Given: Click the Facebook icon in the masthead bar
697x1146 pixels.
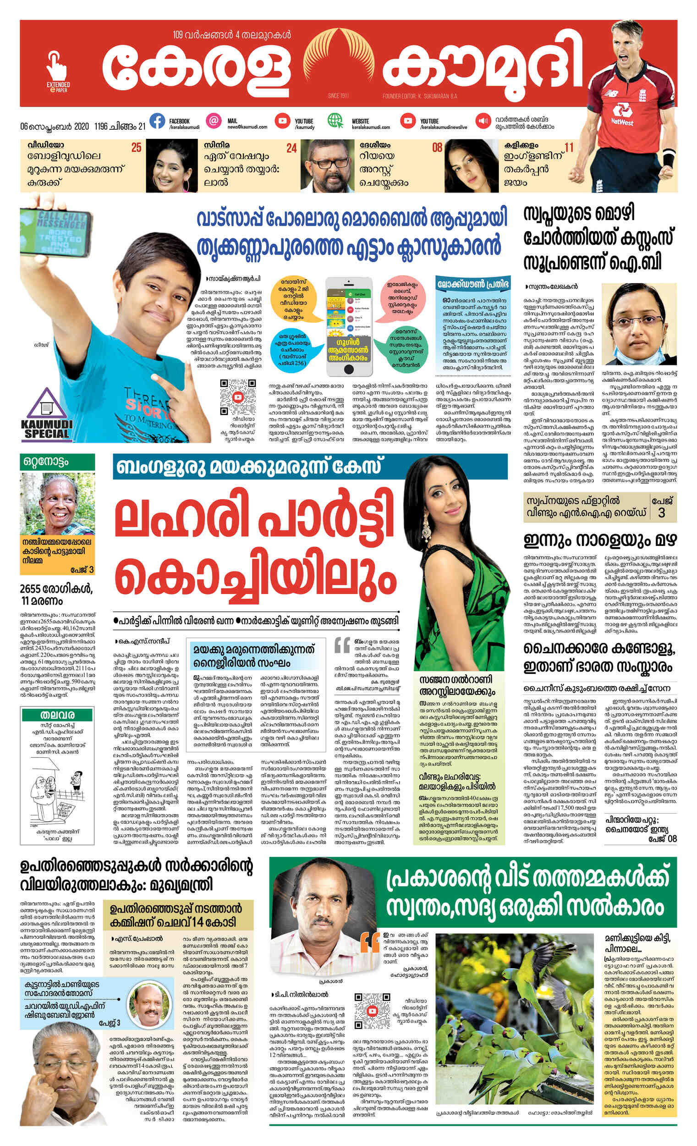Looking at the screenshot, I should (157, 121).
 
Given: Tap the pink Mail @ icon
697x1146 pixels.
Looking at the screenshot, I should (214, 121).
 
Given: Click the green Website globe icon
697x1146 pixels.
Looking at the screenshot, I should (335, 121).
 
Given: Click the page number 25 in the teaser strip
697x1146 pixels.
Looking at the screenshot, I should (136, 149).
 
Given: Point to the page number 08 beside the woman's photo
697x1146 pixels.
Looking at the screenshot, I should (437, 149).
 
